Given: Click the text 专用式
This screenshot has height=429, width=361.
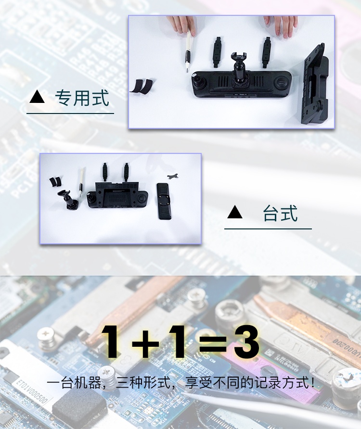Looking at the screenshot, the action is [82, 98].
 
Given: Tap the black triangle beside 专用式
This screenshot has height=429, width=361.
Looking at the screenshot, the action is [37, 97].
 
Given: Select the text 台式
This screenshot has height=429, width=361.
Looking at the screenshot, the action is [280, 213].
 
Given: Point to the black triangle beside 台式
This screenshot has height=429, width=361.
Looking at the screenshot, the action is [235, 212].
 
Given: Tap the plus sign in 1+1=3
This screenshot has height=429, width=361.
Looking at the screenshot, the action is [145, 342].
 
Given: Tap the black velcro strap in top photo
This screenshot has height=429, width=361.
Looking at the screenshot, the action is [142, 86].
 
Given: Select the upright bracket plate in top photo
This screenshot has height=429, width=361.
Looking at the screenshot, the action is [314, 84].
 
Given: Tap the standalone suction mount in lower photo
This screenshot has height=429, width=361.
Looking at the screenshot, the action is [68, 200].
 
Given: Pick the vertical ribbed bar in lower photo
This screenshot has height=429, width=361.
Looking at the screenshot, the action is [164, 201].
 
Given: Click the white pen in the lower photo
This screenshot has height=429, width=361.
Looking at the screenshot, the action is [81, 182].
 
